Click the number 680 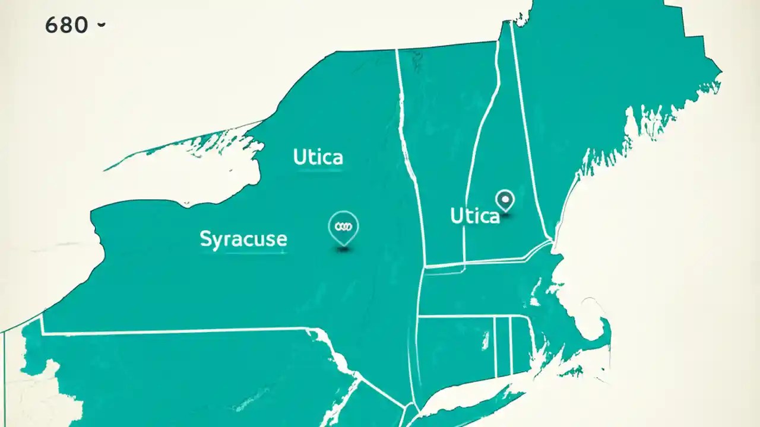(66, 25)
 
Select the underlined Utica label (318, 157)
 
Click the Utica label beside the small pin (474, 216)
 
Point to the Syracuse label (243, 239)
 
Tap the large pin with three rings (343, 227)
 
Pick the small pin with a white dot (505, 200)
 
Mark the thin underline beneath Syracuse (243, 253)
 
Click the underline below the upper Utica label (319, 171)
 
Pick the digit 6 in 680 (51, 25)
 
